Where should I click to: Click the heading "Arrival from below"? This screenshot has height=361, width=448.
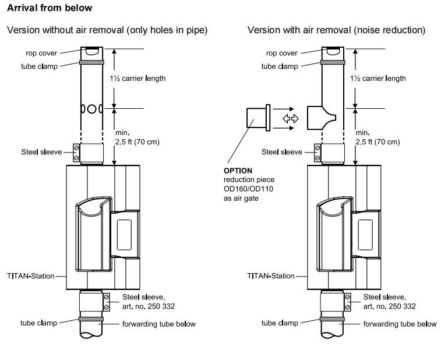pyautogui.click(x=50, y=8)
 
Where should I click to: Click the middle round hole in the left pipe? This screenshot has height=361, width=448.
pyautogui.click(x=91, y=109)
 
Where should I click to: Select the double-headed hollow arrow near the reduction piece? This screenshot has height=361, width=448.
pyautogui.click(x=291, y=118)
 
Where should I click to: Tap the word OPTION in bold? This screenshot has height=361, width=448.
pyautogui.click(x=238, y=171)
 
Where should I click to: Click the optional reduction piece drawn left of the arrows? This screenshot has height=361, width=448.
pyautogui.click(x=258, y=118)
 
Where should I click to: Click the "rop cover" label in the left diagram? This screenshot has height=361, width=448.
pyautogui.click(x=41, y=53)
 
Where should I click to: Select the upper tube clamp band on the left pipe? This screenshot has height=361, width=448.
pyautogui.click(x=91, y=62)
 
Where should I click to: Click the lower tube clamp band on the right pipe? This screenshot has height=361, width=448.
pyautogui.click(x=332, y=319)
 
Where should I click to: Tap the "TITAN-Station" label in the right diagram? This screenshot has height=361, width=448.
pyautogui.click(x=270, y=276)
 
